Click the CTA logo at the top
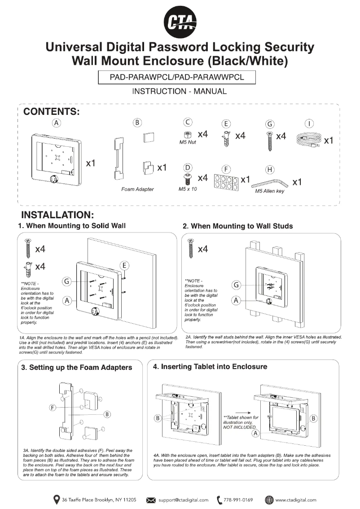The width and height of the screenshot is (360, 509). point(180,21)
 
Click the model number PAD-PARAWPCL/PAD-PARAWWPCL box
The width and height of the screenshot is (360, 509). point(177,77)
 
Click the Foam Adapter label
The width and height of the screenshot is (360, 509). point(137,189)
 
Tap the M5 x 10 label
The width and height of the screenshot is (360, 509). point(188,189)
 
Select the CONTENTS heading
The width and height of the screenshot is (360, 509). point(51,112)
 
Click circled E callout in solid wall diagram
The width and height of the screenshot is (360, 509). point(125,264)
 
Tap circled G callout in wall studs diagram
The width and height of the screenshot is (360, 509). point(236,285)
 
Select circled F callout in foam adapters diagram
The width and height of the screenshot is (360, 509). point(53,408)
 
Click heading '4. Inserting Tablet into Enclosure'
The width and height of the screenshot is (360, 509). point(210,367)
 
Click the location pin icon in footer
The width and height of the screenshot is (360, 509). point(57,499)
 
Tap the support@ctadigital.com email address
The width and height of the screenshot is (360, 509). point(183,500)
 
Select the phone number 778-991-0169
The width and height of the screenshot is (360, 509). point(238,500)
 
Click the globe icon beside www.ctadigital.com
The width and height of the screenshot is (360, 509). point(269,499)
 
